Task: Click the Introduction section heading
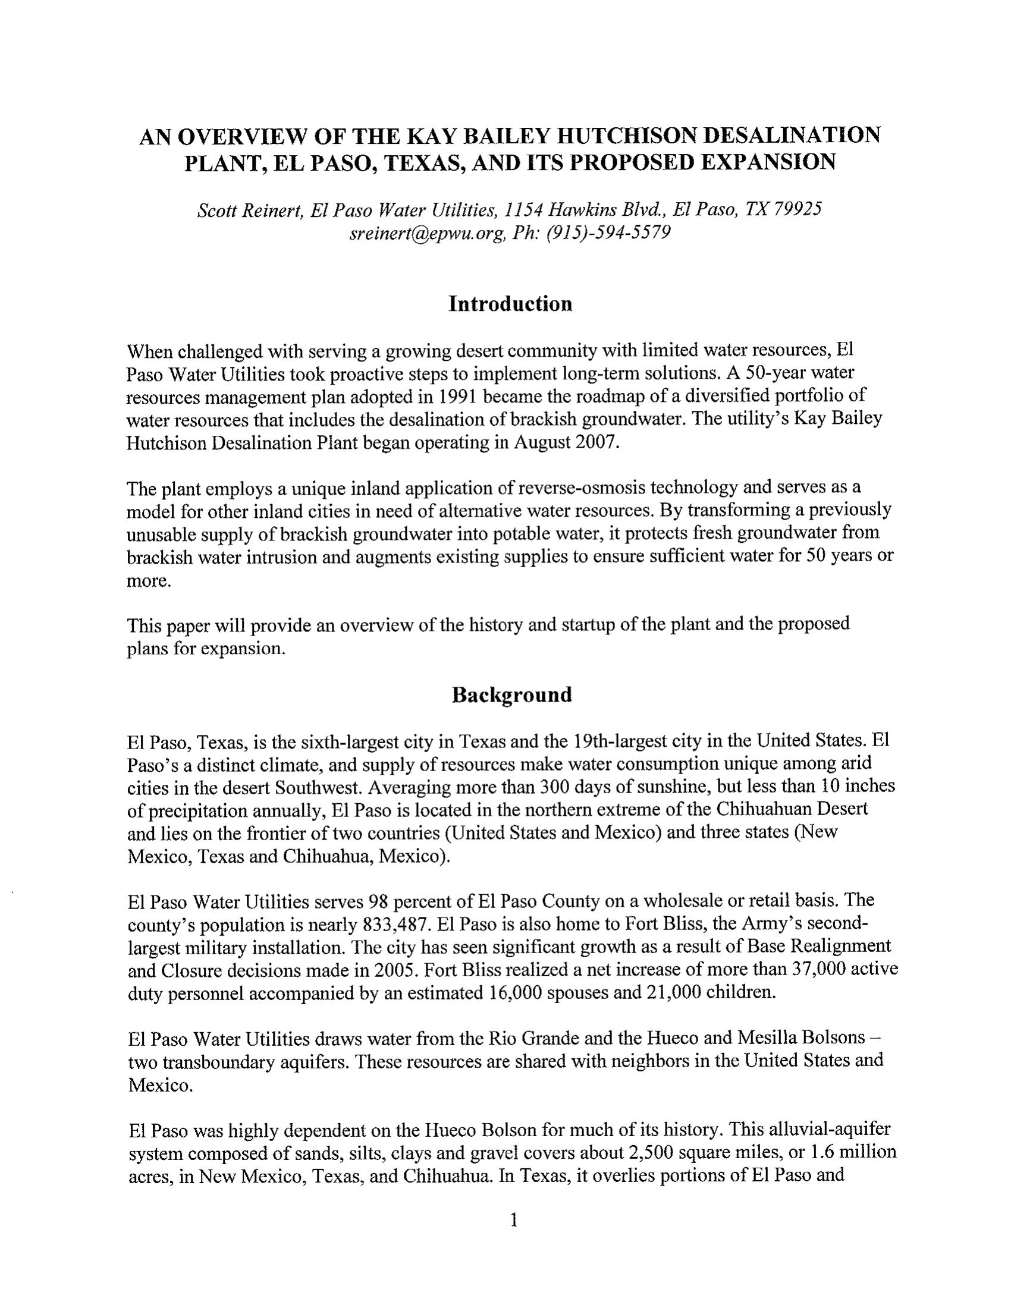[x=510, y=304]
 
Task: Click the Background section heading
[x=511, y=694]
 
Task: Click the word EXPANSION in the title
[x=768, y=162]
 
